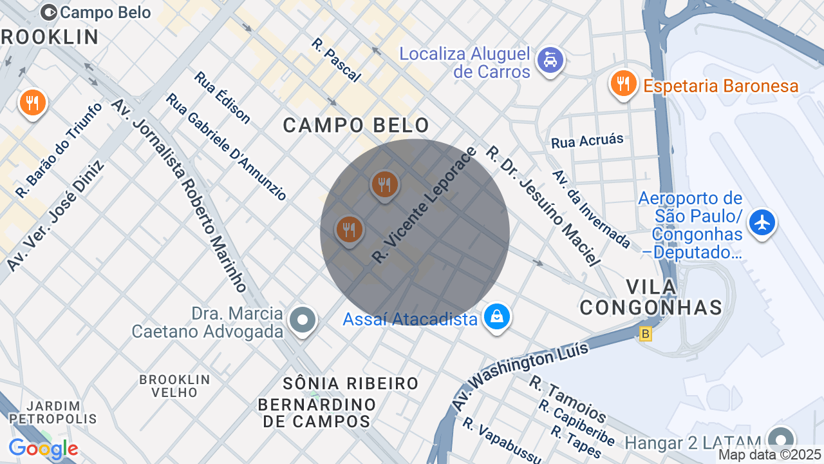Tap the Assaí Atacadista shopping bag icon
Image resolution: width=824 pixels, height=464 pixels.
coord(497,316)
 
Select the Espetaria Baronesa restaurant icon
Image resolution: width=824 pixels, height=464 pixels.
coord(623,84)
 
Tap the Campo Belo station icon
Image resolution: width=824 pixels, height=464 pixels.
coord(49,12)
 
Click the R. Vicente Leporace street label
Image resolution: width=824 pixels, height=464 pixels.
coord(424,205)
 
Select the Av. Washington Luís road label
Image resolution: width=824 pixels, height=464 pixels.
coord(520,376)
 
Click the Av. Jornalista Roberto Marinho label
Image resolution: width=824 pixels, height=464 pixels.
coord(180,195)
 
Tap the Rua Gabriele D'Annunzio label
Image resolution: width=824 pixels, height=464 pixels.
coord(226,147)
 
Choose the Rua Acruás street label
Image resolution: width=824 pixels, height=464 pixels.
coord(587,141)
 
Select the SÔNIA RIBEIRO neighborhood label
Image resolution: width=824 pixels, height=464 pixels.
coord(351,383)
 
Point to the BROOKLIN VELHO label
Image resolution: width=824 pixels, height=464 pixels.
coord(175,385)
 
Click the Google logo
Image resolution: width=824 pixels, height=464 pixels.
coord(43,449)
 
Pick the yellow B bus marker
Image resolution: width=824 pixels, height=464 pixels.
coord(646,334)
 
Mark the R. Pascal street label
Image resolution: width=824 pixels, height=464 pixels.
coord(335,61)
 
